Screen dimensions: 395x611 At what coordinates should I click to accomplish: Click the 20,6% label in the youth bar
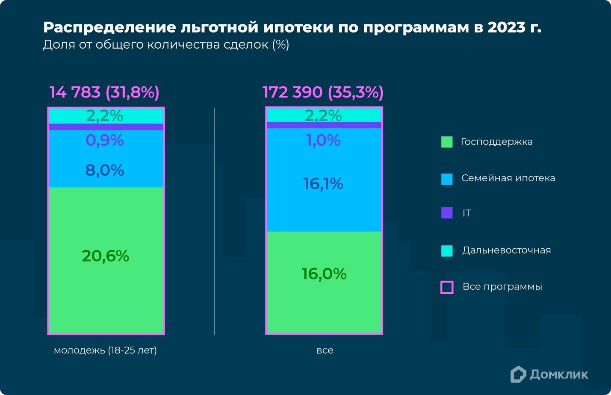click(x=105, y=256)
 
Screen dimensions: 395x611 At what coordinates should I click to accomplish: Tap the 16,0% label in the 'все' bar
click(x=324, y=274)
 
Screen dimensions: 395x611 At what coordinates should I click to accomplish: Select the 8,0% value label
click(x=105, y=171)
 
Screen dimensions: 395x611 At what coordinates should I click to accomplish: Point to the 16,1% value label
click(x=323, y=184)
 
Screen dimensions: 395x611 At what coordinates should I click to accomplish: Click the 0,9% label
click(x=105, y=140)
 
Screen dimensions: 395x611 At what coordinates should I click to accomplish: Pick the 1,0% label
click(x=323, y=140)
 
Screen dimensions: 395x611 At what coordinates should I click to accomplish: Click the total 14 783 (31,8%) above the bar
click(x=104, y=92)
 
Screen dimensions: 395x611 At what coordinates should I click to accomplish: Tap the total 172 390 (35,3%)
click(x=323, y=92)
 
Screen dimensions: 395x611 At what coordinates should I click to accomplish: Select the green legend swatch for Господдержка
click(x=447, y=142)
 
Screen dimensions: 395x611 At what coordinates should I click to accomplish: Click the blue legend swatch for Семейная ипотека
click(x=447, y=179)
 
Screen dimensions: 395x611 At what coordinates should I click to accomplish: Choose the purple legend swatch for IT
click(x=447, y=213)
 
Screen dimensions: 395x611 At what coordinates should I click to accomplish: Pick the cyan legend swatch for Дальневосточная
click(x=447, y=251)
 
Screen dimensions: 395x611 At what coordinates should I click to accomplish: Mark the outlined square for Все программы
click(x=447, y=287)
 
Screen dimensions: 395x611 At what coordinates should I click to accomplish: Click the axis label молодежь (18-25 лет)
click(x=105, y=351)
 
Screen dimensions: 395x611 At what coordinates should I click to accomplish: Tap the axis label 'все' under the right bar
click(x=325, y=351)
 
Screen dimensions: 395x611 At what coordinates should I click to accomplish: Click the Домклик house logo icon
click(x=518, y=374)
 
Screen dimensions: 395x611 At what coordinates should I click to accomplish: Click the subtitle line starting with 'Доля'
click(x=166, y=45)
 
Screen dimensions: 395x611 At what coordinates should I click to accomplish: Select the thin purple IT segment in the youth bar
click(x=106, y=127)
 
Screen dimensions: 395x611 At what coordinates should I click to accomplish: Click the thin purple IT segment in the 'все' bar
click(x=324, y=125)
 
